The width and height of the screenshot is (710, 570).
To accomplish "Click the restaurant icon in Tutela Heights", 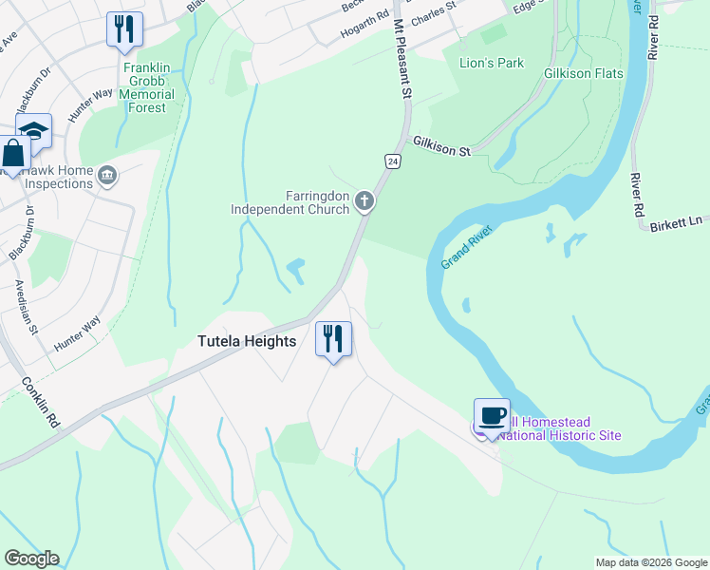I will click(333, 339).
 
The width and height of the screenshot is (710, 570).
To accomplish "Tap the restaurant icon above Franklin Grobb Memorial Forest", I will click(123, 28).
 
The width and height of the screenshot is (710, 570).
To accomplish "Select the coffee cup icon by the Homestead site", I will click(492, 416).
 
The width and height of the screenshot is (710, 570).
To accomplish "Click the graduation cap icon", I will click(33, 131).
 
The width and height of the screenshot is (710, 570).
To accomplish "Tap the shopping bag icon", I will click(14, 153).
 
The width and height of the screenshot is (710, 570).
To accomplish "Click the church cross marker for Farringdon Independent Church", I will click(364, 200).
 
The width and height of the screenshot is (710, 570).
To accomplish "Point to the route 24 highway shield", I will click(391, 161).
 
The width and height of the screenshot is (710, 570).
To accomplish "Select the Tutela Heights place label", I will click(247, 341).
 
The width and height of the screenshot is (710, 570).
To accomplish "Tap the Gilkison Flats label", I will click(582, 73).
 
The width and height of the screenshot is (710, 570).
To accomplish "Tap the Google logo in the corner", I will click(30, 559).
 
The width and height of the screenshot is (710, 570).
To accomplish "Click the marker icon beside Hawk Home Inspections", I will click(107, 174).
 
